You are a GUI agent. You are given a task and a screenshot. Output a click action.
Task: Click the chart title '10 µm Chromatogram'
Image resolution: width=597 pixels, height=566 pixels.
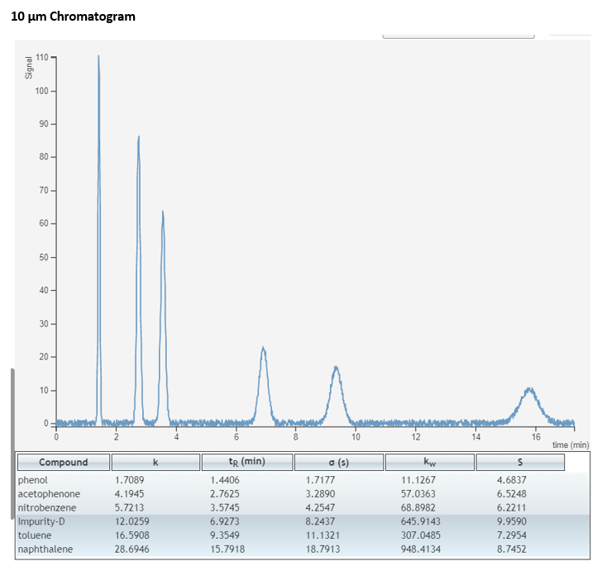(x=73, y=17)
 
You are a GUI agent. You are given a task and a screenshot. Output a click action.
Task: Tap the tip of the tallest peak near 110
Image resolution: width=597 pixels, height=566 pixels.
(x=98, y=55)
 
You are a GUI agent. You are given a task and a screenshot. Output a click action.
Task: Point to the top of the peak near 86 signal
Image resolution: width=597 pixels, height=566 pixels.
(x=139, y=136)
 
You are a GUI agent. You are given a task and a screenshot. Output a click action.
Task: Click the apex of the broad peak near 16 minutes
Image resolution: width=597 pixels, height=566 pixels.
(x=529, y=388)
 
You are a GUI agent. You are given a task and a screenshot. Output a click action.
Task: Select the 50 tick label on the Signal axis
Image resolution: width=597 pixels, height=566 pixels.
(x=43, y=257)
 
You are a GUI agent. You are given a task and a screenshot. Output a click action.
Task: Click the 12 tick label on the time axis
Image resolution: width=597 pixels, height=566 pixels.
(x=416, y=436)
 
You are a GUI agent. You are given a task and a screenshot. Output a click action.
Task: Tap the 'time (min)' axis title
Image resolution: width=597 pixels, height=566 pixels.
(x=571, y=445)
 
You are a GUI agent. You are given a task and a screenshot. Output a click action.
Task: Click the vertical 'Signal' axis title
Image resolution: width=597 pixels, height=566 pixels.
(x=29, y=68)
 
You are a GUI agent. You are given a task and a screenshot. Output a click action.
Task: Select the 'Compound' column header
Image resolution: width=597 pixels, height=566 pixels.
(x=64, y=462)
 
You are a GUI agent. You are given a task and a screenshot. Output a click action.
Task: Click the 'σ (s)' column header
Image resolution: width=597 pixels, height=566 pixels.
(x=339, y=462)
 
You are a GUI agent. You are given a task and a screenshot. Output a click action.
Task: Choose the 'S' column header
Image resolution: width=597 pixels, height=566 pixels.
(x=520, y=462)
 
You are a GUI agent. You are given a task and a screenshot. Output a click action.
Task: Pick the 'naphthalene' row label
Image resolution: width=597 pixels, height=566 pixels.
(x=45, y=549)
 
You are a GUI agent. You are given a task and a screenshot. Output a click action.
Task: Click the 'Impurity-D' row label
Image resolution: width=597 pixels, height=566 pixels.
(x=41, y=521)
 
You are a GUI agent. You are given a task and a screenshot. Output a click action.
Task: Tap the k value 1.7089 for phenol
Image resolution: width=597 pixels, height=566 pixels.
(x=130, y=480)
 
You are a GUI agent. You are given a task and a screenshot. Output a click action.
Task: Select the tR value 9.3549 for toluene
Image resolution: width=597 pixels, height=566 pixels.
(x=225, y=535)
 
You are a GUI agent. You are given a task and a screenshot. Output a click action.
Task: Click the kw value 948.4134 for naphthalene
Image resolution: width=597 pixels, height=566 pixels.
(x=421, y=549)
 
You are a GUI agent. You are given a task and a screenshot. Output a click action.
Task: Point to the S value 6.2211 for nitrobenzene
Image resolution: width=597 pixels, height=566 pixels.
(x=512, y=507)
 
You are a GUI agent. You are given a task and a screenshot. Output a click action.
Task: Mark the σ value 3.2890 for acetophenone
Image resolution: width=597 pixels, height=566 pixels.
(x=320, y=494)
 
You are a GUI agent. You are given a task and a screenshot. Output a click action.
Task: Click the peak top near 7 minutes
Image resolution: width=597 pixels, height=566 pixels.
(x=263, y=347)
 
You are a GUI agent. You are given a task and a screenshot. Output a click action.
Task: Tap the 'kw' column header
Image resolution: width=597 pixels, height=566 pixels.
(x=430, y=462)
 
